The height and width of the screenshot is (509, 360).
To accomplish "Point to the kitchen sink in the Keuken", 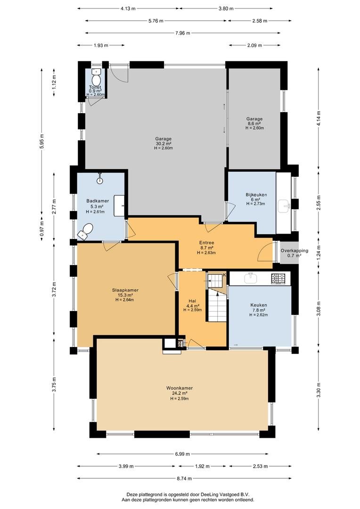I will (251, 278).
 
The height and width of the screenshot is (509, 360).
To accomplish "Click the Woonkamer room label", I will (179, 388).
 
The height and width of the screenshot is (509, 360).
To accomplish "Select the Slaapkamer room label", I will (125, 290).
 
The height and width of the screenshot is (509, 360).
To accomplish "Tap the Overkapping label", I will (294, 251).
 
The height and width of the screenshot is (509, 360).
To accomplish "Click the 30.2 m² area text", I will (164, 144).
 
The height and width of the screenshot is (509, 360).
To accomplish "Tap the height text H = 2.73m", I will (255, 204).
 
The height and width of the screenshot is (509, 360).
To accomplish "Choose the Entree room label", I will (206, 243).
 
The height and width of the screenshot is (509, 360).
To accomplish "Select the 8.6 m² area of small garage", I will (254, 123).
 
